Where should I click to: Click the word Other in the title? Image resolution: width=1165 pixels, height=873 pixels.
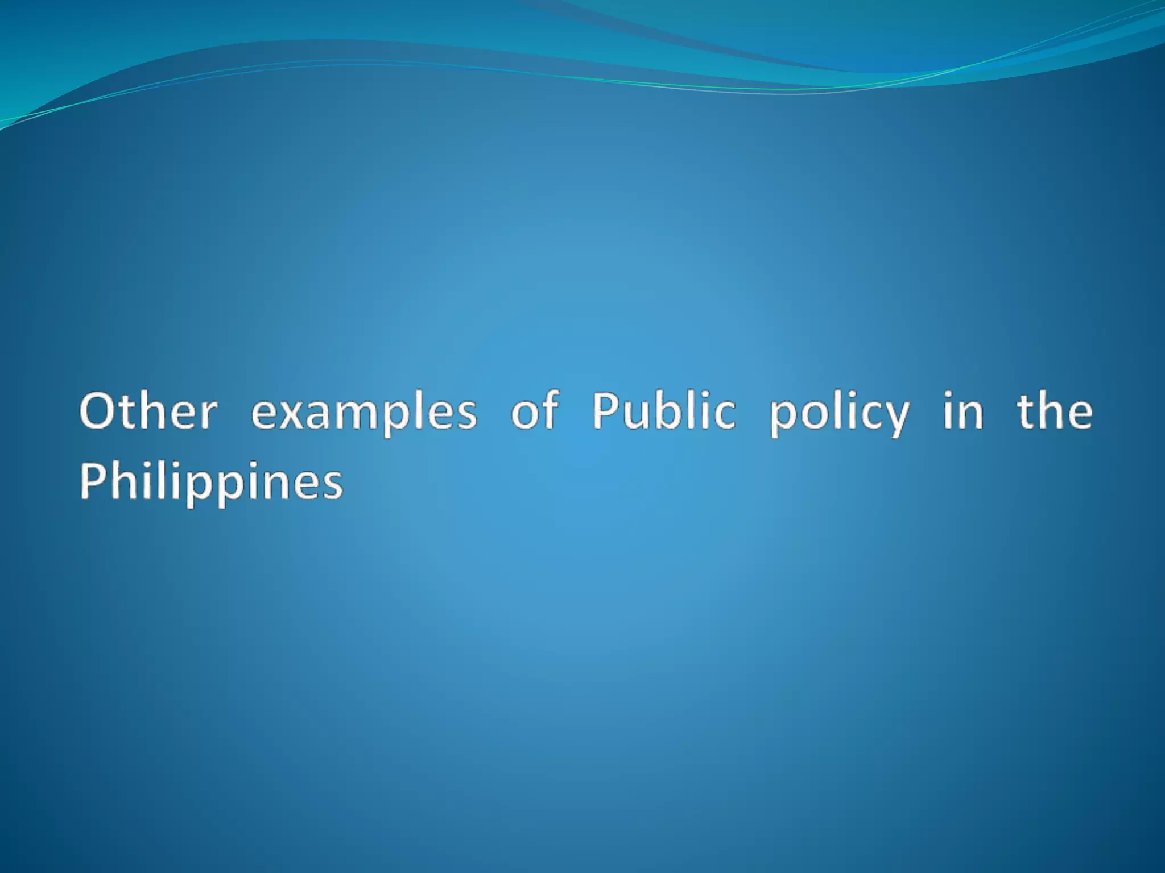148,410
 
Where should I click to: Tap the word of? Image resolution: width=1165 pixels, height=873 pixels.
535,410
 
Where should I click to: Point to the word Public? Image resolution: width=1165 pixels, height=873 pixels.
664,410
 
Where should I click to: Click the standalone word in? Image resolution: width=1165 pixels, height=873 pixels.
962,410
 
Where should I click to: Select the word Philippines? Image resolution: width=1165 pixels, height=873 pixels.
211,482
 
